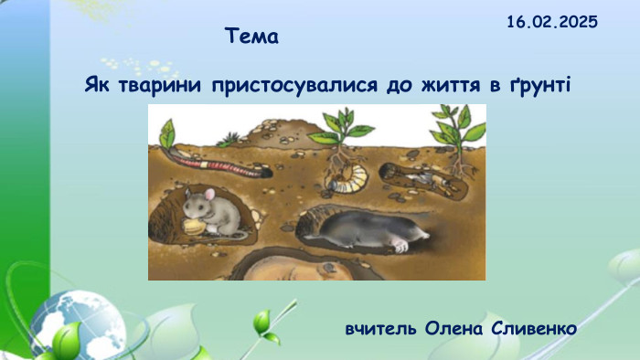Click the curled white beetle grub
tap(347, 177)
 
